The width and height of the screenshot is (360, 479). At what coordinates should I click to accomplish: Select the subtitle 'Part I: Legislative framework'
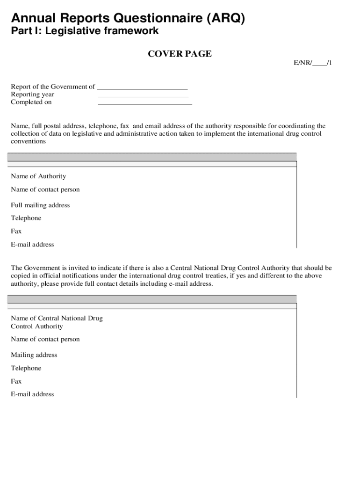(x=85, y=31)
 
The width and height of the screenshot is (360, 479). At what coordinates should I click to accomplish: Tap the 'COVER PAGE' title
(x=180, y=54)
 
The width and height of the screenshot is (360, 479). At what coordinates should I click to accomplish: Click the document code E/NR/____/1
(x=313, y=63)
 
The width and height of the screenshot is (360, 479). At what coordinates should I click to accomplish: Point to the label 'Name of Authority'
(x=38, y=176)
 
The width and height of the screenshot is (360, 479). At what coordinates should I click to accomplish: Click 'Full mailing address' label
(x=40, y=205)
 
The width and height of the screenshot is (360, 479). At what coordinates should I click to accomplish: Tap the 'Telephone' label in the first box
(x=26, y=218)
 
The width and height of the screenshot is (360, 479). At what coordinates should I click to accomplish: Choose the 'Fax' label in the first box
(x=16, y=232)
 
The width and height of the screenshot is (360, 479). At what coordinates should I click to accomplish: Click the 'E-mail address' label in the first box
(x=32, y=245)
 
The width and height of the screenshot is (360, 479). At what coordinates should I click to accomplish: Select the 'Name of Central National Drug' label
(x=57, y=319)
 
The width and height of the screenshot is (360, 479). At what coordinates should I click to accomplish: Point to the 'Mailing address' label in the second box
(x=34, y=355)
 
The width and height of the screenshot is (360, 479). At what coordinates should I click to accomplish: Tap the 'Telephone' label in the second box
(x=26, y=368)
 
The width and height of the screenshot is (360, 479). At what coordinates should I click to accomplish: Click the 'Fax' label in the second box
(x=16, y=381)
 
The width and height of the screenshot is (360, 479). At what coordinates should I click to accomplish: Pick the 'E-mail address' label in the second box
(x=32, y=394)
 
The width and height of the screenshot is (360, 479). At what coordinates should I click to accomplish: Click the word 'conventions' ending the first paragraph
(x=29, y=141)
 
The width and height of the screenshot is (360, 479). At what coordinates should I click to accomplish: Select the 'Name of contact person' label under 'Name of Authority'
(x=45, y=189)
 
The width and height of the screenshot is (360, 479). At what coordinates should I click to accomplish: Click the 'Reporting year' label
(x=33, y=94)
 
